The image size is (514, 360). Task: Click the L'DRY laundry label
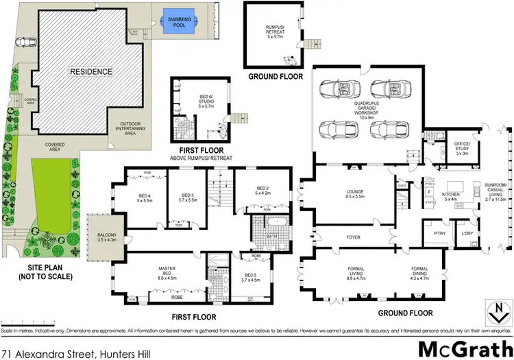click(x=468, y=234)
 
